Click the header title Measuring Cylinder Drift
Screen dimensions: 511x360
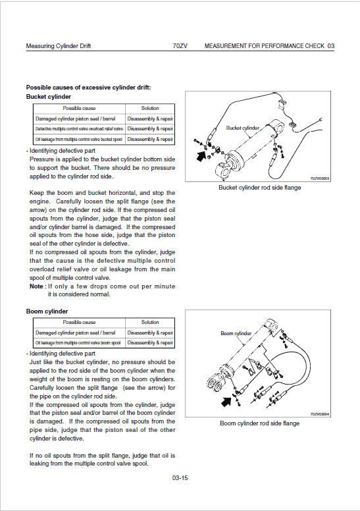(x=58, y=46)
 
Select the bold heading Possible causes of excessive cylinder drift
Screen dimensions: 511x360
(x=88, y=88)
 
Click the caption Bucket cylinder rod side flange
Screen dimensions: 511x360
(x=259, y=188)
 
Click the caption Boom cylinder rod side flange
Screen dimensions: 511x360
(x=259, y=423)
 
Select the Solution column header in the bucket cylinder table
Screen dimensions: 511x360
(x=150, y=108)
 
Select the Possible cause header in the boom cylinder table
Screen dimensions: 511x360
(x=79, y=322)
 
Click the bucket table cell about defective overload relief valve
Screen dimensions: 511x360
(x=79, y=129)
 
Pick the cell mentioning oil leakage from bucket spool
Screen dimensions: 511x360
(x=79, y=140)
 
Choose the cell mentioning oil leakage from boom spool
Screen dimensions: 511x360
(x=79, y=343)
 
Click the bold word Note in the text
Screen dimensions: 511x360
(x=37, y=286)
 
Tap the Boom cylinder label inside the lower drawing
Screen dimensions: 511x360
(x=236, y=334)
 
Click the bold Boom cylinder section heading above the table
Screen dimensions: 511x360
(x=47, y=311)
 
